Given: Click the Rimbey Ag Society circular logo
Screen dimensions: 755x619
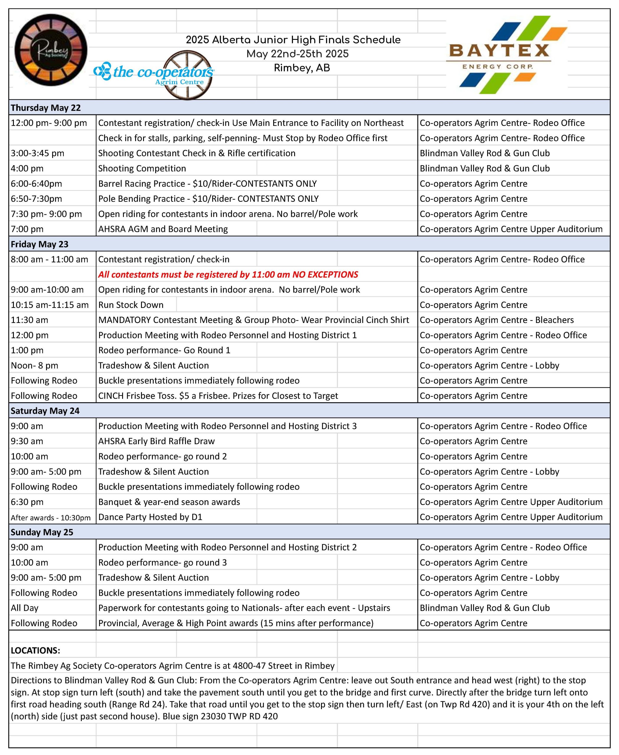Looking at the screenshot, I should click(x=51, y=50).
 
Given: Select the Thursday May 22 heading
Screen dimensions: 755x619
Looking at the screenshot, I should click(x=46, y=108).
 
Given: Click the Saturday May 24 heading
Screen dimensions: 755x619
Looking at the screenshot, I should click(x=45, y=411).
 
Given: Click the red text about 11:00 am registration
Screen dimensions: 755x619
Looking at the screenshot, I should click(x=228, y=275).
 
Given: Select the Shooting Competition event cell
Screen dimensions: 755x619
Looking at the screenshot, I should click(x=142, y=168).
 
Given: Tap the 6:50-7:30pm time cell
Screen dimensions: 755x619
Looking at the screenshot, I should click(x=36, y=198).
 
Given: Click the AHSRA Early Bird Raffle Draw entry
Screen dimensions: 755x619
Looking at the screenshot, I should click(x=157, y=441).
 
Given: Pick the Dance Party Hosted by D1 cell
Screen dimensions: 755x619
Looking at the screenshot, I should click(x=150, y=517).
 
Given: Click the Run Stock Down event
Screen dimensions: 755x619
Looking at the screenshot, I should click(x=131, y=305).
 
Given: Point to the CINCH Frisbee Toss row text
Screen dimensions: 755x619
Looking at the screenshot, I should click(x=218, y=396).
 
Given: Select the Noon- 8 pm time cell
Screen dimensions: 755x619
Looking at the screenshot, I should click(x=34, y=365).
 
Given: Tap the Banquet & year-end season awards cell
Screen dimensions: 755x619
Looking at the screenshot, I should click(x=169, y=502).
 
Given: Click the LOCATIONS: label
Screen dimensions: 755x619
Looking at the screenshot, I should click(x=35, y=650).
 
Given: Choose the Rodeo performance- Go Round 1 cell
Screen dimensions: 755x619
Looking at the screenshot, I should click(x=164, y=350).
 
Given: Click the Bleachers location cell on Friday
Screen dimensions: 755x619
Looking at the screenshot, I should click(x=496, y=320).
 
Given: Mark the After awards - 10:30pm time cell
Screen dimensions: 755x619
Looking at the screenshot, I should click(x=51, y=518).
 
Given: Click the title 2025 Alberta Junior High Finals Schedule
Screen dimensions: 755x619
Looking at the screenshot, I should click(x=293, y=40).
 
